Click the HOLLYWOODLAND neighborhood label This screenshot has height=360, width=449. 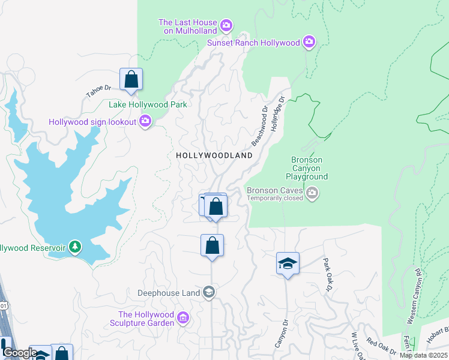214,155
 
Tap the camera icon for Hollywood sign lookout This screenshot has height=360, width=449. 145,122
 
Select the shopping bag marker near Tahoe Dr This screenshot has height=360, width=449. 131,79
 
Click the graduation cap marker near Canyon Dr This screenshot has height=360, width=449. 288,263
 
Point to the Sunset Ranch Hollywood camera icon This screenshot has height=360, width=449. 309,41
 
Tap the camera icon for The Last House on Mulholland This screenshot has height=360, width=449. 226,25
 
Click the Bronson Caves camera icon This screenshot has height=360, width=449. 312,193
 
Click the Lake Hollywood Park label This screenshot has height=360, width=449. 148,104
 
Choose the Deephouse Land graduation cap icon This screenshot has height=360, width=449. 209,292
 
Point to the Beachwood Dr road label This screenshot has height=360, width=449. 259,127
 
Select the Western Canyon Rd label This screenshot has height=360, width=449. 414,296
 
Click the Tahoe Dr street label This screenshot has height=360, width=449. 99,91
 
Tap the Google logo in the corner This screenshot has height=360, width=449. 20,353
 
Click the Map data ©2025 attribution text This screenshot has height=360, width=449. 423,355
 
